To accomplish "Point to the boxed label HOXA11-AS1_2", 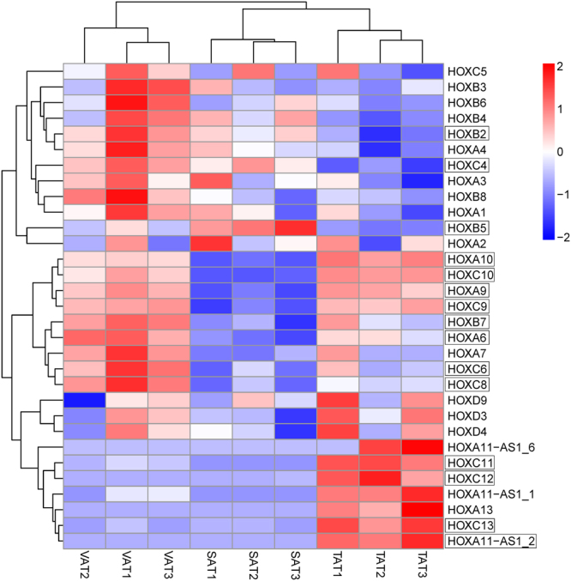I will [x=484, y=542].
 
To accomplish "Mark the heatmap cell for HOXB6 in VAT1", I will [x=127, y=102].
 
